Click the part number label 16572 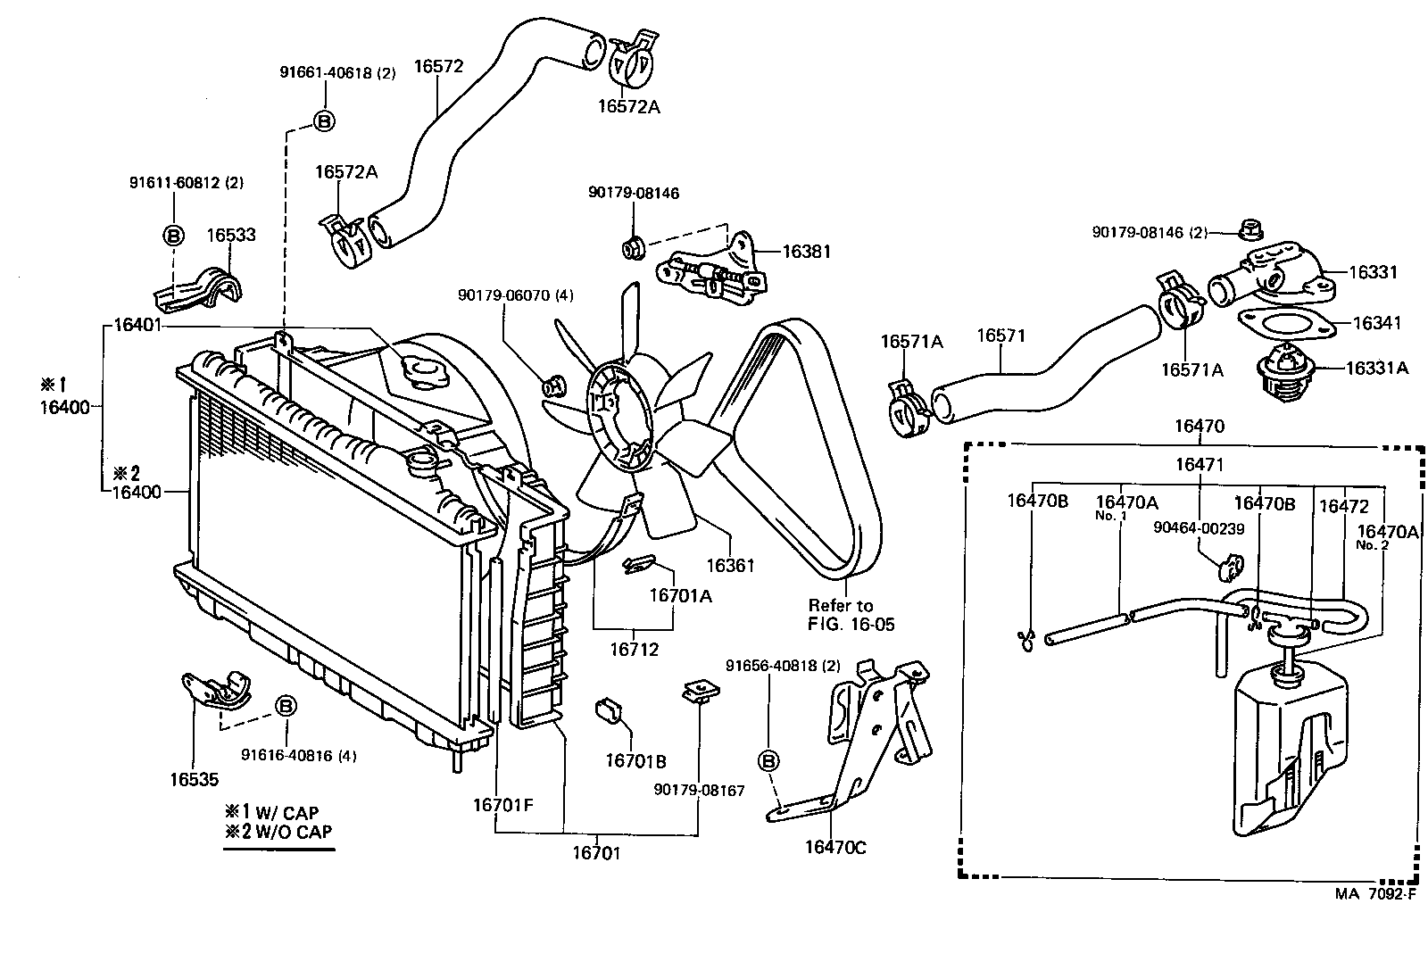438,66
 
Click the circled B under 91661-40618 324,120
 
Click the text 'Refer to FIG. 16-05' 851,615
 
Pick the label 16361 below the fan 730,566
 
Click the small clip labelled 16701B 609,711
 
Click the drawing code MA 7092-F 1374,893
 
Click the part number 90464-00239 1198,528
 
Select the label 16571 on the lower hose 1000,336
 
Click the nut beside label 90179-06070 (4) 552,386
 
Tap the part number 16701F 502,804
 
